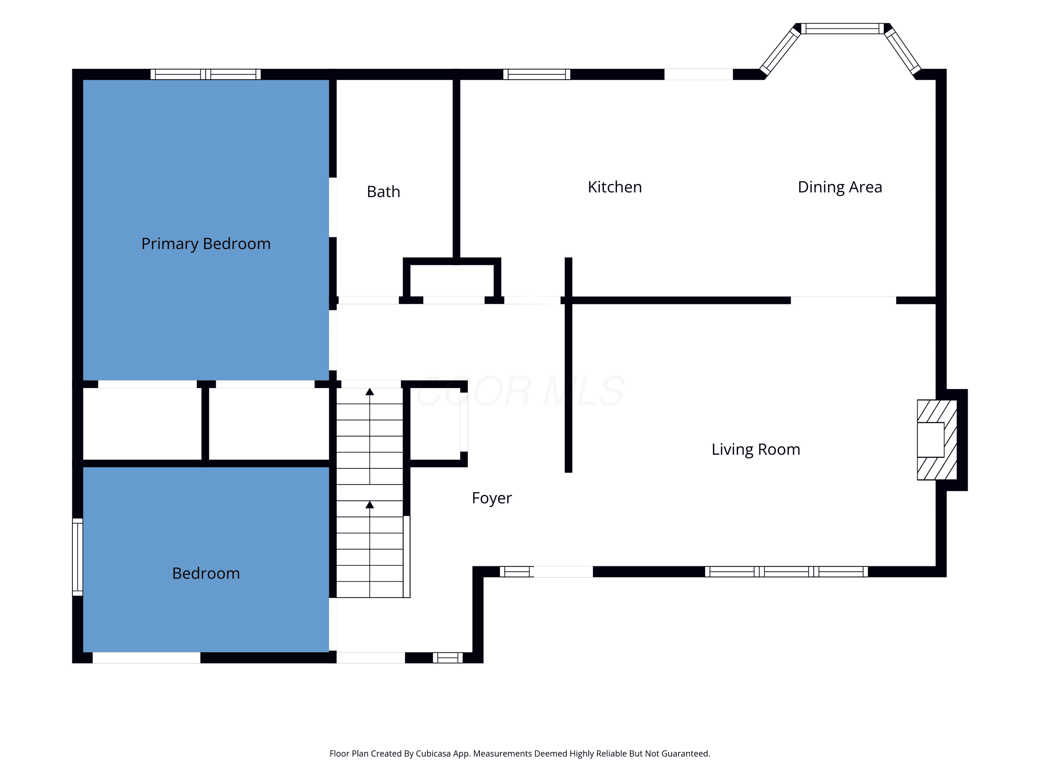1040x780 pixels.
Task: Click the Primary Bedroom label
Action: click(x=206, y=244)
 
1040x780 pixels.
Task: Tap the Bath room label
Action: click(x=383, y=192)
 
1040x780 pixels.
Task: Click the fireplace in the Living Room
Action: click(x=937, y=440)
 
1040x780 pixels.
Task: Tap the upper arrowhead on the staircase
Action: click(x=370, y=392)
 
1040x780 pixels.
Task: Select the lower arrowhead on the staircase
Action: click(x=370, y=504)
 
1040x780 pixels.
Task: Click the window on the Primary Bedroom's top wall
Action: click(x=206, y=74)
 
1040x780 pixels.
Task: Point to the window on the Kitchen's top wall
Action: click(x=536, y=74)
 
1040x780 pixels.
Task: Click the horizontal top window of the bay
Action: click(x=842, y=28)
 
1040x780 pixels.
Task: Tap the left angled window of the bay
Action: click(x=780, y=51)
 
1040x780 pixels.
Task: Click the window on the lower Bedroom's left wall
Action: click(x=78, y=557)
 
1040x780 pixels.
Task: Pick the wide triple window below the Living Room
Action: click(x=786, y=572)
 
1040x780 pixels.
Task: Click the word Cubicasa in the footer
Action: click(x=433, y=754)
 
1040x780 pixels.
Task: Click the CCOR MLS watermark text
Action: click(x=520, y=391)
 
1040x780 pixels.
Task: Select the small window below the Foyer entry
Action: click(x=448, y=658)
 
